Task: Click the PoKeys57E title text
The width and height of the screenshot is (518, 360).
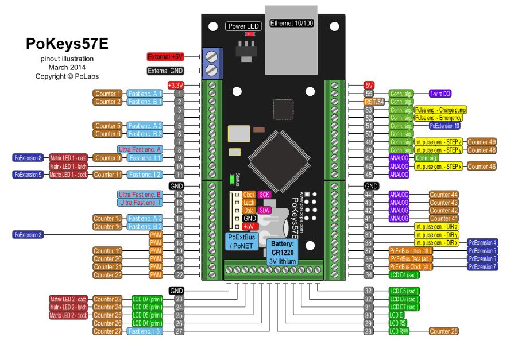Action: point(67,45)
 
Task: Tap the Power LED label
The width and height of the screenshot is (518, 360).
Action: point(243,26)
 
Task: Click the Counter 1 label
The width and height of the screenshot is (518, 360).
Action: point(108,94)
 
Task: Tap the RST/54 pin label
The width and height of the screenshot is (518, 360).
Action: point(373,102)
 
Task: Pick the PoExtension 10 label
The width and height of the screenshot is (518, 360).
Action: point(444,125)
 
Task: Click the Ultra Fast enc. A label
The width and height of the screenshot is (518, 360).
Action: point(139,149)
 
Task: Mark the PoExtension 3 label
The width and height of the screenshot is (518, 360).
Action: point(28,235)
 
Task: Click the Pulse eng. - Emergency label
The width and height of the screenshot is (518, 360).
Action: point(438,117)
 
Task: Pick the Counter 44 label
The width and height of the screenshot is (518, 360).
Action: point(443,195)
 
